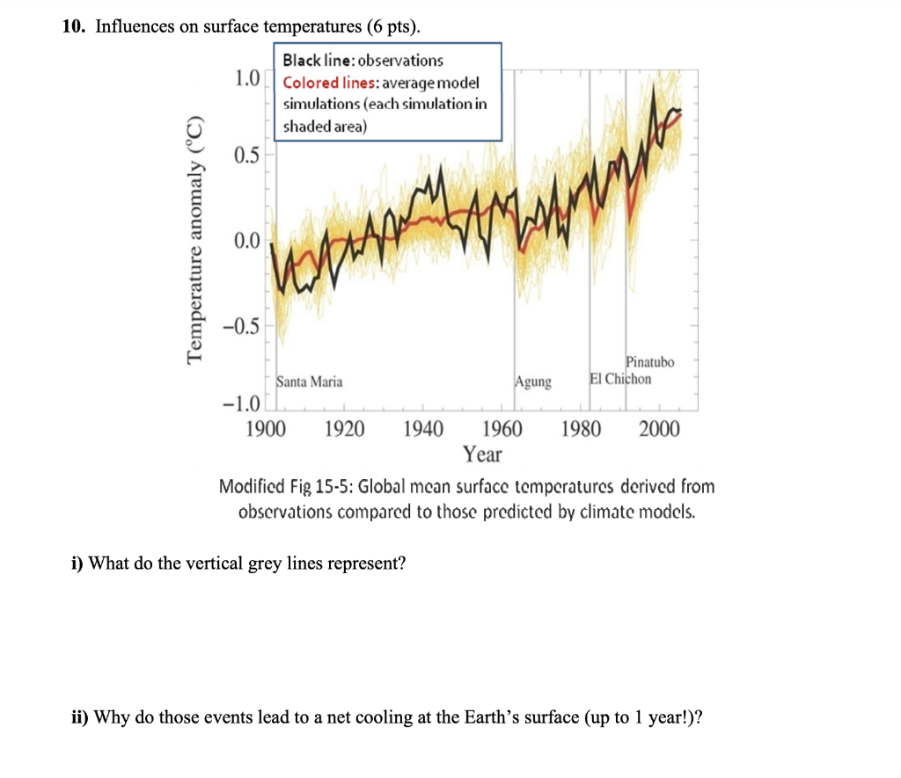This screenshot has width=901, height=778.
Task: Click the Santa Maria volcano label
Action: [310, 382]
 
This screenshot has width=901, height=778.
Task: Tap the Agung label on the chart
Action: [534, 382]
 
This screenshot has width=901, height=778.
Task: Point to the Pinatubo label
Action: [650, 362]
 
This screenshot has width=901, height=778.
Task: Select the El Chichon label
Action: [621, 379]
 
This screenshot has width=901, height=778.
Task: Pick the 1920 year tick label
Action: [346, 430]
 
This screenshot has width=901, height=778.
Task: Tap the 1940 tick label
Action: [423, 430]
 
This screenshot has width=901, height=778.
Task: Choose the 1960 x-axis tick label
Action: [502, 430]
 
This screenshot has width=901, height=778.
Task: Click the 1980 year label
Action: [581, 430]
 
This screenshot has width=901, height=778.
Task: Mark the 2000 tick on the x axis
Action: [660, 430]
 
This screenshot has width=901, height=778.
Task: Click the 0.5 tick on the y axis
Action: [247, 156]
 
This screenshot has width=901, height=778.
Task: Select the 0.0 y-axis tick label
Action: [247, 240]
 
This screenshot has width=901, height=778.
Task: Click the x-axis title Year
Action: [482, 454]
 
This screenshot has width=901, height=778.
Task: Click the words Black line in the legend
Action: [316, 61]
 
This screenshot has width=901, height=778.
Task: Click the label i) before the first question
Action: [77, 564]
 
